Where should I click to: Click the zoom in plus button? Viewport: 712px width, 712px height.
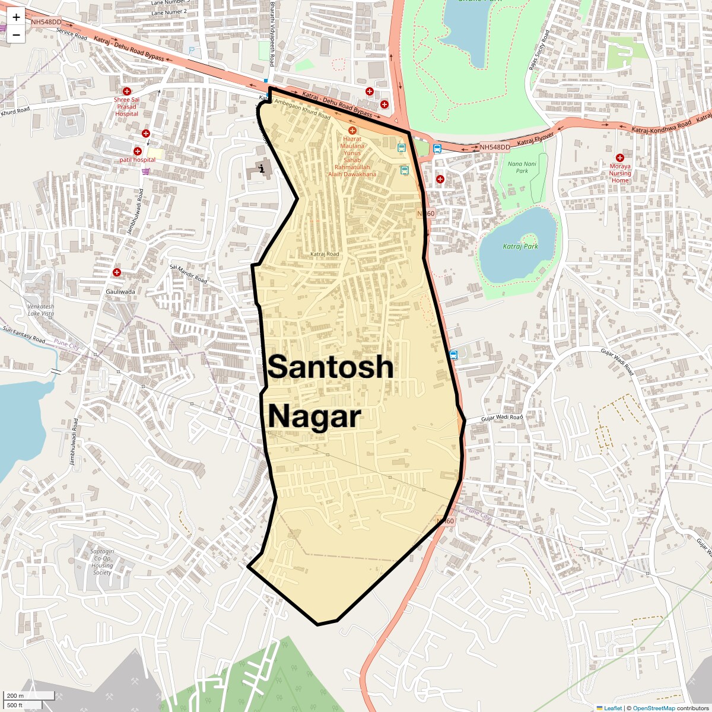click(x=16, y=17)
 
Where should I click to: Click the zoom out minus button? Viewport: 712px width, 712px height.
click(x=16, y=35)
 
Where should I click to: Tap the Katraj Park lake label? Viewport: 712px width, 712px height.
click(x=520, y=246)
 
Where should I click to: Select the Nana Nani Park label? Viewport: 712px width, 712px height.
click(x=522, y=167)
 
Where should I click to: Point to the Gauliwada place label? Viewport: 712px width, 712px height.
click(x=120, y=291)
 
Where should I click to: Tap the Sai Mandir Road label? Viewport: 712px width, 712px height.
click(x=189, y=274)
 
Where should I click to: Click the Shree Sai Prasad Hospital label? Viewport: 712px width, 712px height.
click(x=127, y=107)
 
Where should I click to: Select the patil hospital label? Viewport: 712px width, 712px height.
click(x=137, y=160)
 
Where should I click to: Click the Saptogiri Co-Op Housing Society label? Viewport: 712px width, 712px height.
click(x=102, y=561)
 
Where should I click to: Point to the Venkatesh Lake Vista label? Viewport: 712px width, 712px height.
click(x=41, y=310)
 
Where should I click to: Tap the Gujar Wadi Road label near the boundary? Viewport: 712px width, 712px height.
click(x=502, y=418)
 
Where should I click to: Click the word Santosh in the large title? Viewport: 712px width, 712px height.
click(x=330, y=367)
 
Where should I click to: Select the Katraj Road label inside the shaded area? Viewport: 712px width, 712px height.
click(x=325, y=254)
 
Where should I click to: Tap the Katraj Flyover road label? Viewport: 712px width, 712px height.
click(x=535, y=139)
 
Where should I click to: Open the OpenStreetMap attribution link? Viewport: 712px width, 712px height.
click(x=654, y=708)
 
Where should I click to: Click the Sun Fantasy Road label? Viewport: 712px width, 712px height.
click(x=24, y=335)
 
